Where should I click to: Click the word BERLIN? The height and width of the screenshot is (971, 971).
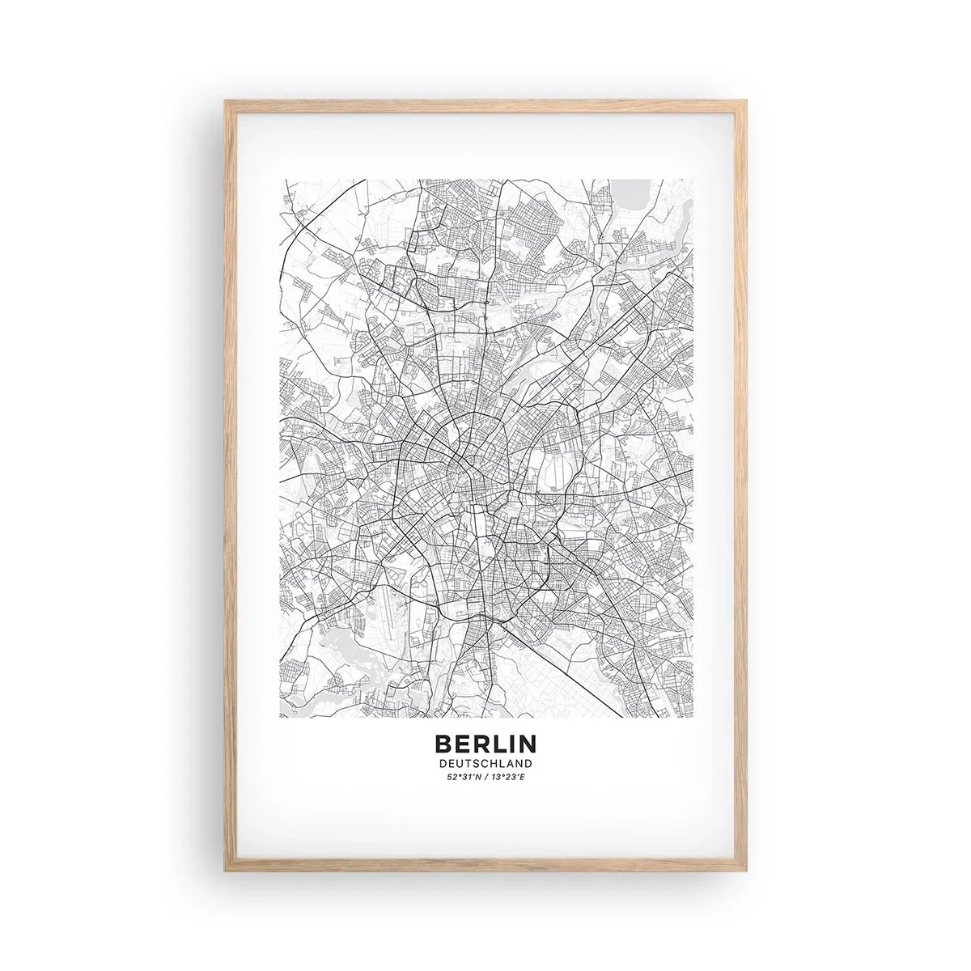485,743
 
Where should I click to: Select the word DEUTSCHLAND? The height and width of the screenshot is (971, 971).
485,763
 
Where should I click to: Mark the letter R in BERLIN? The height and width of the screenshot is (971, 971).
477,743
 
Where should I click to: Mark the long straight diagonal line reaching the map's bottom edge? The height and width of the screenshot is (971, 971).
566,647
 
